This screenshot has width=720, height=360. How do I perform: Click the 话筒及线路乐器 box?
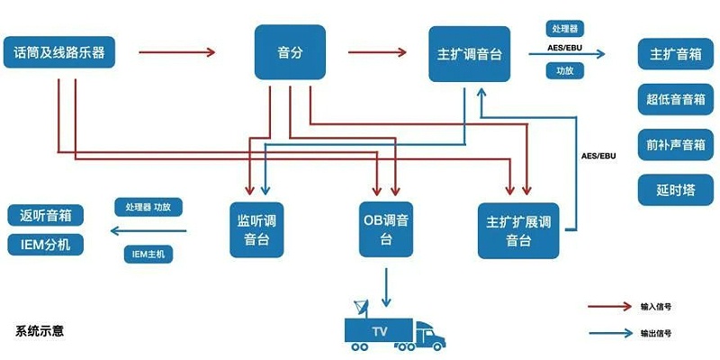coord(60,53)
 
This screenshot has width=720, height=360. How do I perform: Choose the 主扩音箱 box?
coord(675,54)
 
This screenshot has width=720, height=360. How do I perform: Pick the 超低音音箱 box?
coord(675,99)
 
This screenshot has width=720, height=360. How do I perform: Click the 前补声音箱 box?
coord(675,144)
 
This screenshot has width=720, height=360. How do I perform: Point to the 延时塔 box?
coord(675,189)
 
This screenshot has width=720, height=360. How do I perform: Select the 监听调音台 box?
coord(262,229)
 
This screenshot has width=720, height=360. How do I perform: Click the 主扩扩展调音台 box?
coord(518,229)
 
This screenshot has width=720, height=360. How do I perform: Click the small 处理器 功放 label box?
coord(148,207)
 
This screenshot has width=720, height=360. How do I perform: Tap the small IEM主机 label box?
coord(148,255)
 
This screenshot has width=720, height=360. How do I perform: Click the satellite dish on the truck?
coord(361,308)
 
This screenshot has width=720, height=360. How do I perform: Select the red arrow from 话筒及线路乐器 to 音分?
coord(177,52)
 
